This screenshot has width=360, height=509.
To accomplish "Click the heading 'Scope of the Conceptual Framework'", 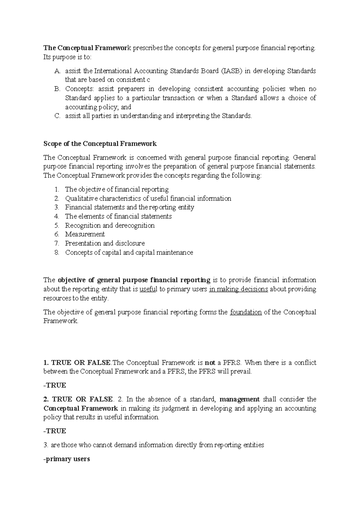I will [x=100, y=144].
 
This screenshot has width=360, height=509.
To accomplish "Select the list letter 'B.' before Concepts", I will [x=57, y=89].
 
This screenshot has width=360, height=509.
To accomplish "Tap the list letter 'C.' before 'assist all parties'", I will [x=57, y=116].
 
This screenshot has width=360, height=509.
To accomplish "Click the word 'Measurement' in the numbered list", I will [x=85, y=234].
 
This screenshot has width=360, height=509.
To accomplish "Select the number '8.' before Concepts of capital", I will [x=57, y=252].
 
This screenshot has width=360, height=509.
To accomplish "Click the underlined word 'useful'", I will [x=148, y=289].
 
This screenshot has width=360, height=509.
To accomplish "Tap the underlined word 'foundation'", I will [x=246, y=312].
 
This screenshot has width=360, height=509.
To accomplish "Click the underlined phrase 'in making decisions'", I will [x=238, y=289].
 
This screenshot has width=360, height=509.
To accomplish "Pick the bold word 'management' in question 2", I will [x=239, y=399].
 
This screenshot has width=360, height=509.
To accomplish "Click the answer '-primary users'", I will [x=67, y=459].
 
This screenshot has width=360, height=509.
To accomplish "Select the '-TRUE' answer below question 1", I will [x=55, y=385].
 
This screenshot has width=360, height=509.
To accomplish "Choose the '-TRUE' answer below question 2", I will [x=55, y=431].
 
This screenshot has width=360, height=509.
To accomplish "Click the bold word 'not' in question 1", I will [x=210, y=363].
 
